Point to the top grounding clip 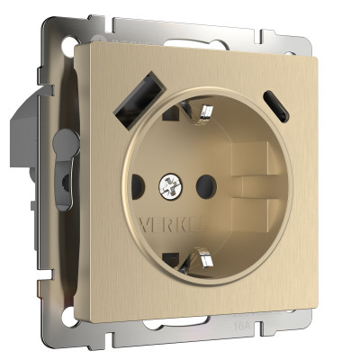[203, 115]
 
